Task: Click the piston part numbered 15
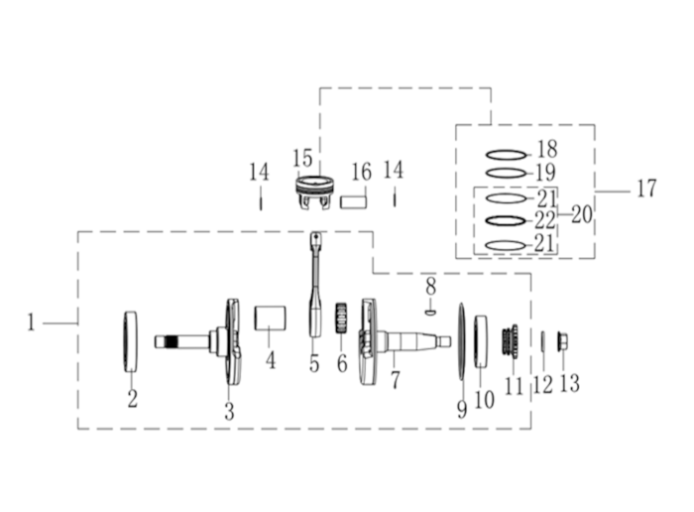[315, 192]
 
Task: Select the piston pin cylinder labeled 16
[354, 202]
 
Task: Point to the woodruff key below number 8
[431, 313]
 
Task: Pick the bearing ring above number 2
[130, 341]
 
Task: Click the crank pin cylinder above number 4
[270, 318]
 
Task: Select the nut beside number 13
[563, 341]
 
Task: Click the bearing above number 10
[481, 341]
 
